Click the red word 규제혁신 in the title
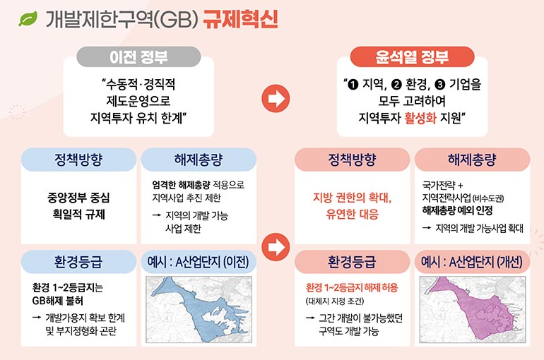pyautogui.click(x=240, y=18)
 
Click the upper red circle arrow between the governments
pyautogui.click(x=275, y=100)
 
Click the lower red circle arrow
pyautogui.click(x=275, y=246)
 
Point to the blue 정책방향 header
pyautogui.click(x=78, y=159)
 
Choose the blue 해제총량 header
pyautogui.click(x=196, y=159)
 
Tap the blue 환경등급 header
pyautogui.click(x=78, y=262)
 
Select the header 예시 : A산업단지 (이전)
pyautogui.click(x=196, y=262)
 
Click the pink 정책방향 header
pyautogui.click(x=353, y=159)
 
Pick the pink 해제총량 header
pyautogui.click(x=471, y=159)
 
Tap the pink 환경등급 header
pyautogui.click(x=353, y=262)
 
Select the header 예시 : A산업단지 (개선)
pyautogui.click(x=471, y=262)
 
